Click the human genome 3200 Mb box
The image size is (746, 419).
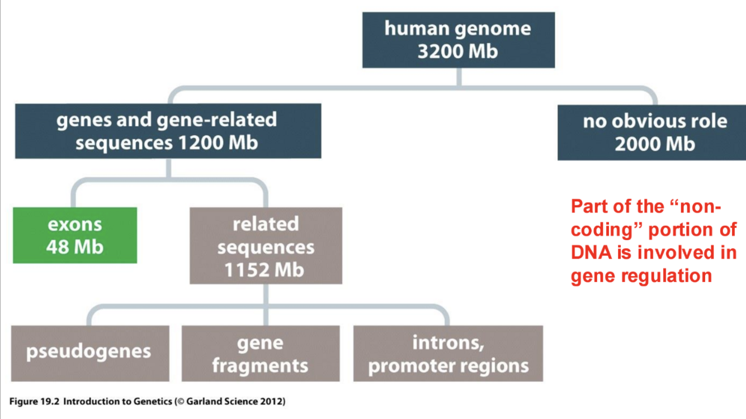click(x=458, y=40)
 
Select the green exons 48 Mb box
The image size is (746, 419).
click(x=75, y=235)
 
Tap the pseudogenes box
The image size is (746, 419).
click(x=89, y=353)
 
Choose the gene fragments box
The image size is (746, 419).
click(x=260, y=354)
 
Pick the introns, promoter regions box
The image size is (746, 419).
click(x=448, y=354)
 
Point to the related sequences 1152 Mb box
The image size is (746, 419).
click(x=266, y=246)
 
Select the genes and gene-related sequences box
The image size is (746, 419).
click(x=167, y=131)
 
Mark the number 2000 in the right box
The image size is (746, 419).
click(x=637, y=145)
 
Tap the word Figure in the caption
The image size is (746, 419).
click(x=22, y=401)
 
